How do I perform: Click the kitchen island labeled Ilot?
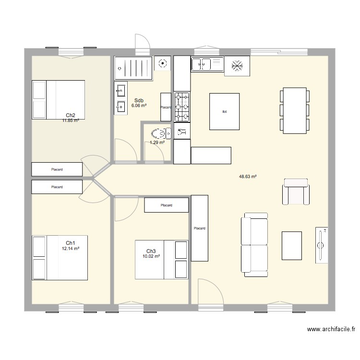224,111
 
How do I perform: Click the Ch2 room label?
71,115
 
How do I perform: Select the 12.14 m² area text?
71,249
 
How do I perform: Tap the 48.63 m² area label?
248,177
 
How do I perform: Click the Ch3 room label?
151,251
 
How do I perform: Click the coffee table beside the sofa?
291,245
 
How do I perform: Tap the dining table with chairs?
295,110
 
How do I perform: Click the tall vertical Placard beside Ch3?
200,228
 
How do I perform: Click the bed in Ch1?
60,257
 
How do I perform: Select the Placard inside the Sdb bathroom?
166,107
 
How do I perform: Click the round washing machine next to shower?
163,62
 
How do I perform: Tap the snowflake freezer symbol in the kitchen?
237,66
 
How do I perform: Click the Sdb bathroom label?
139,100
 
